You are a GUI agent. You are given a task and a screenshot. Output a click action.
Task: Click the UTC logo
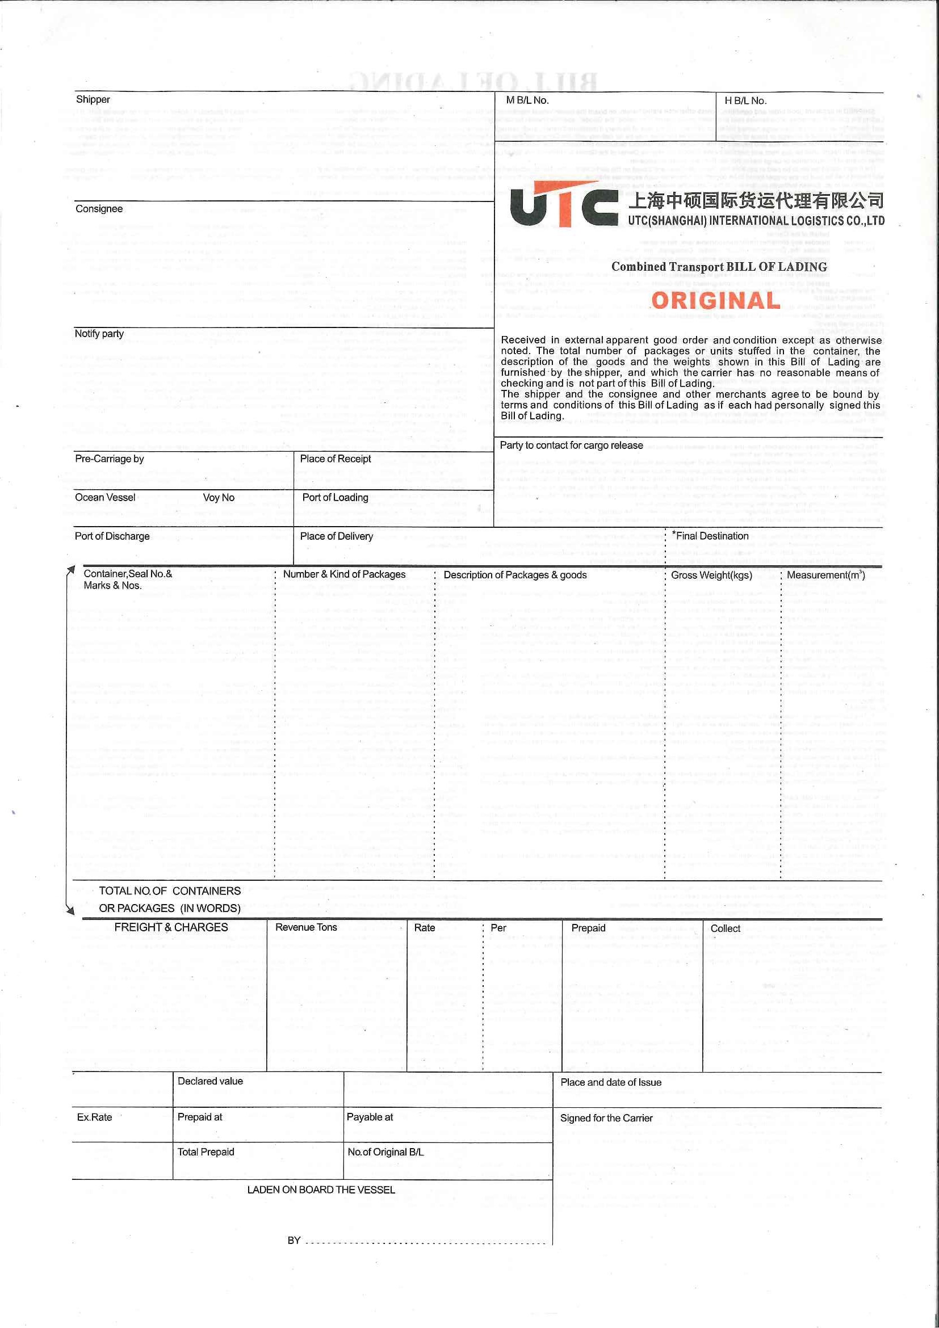564,205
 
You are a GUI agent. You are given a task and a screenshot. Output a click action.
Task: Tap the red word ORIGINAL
716,301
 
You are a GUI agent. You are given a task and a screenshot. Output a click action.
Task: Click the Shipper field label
93,99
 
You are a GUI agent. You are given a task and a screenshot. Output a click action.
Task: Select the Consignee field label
99,209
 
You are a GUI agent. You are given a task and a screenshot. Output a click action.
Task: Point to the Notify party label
99,334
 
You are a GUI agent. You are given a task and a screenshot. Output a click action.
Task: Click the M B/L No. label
527,100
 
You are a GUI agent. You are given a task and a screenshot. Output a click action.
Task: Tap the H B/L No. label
745,100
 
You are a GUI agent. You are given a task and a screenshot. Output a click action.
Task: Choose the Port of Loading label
335,497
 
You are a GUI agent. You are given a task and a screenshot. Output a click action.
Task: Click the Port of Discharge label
112,536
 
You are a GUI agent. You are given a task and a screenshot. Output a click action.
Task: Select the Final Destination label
711,536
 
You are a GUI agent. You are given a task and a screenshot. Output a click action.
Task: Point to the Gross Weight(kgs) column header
711,575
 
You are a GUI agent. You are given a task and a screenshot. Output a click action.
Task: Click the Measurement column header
825,575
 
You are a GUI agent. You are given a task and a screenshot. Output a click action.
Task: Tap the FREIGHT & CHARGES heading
171,927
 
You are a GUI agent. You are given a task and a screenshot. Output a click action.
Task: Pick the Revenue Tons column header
306,927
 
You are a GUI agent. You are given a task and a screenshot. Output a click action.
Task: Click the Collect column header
725,928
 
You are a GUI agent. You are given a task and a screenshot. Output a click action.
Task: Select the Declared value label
210,1081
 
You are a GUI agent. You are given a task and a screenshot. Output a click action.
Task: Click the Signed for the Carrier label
606,1118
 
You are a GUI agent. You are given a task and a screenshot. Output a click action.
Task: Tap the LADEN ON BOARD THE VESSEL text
321,1190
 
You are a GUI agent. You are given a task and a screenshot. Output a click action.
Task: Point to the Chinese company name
756,201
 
